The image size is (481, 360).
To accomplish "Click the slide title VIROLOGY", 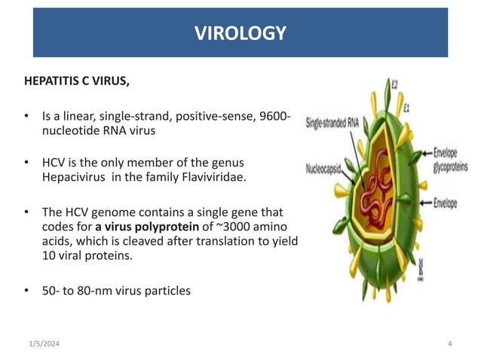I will coord(240,33).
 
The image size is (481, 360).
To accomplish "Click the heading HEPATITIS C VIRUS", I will coord(76,82).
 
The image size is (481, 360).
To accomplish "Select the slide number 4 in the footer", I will coord(449,344).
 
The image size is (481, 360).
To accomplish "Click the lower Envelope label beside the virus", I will coord(450,202).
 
